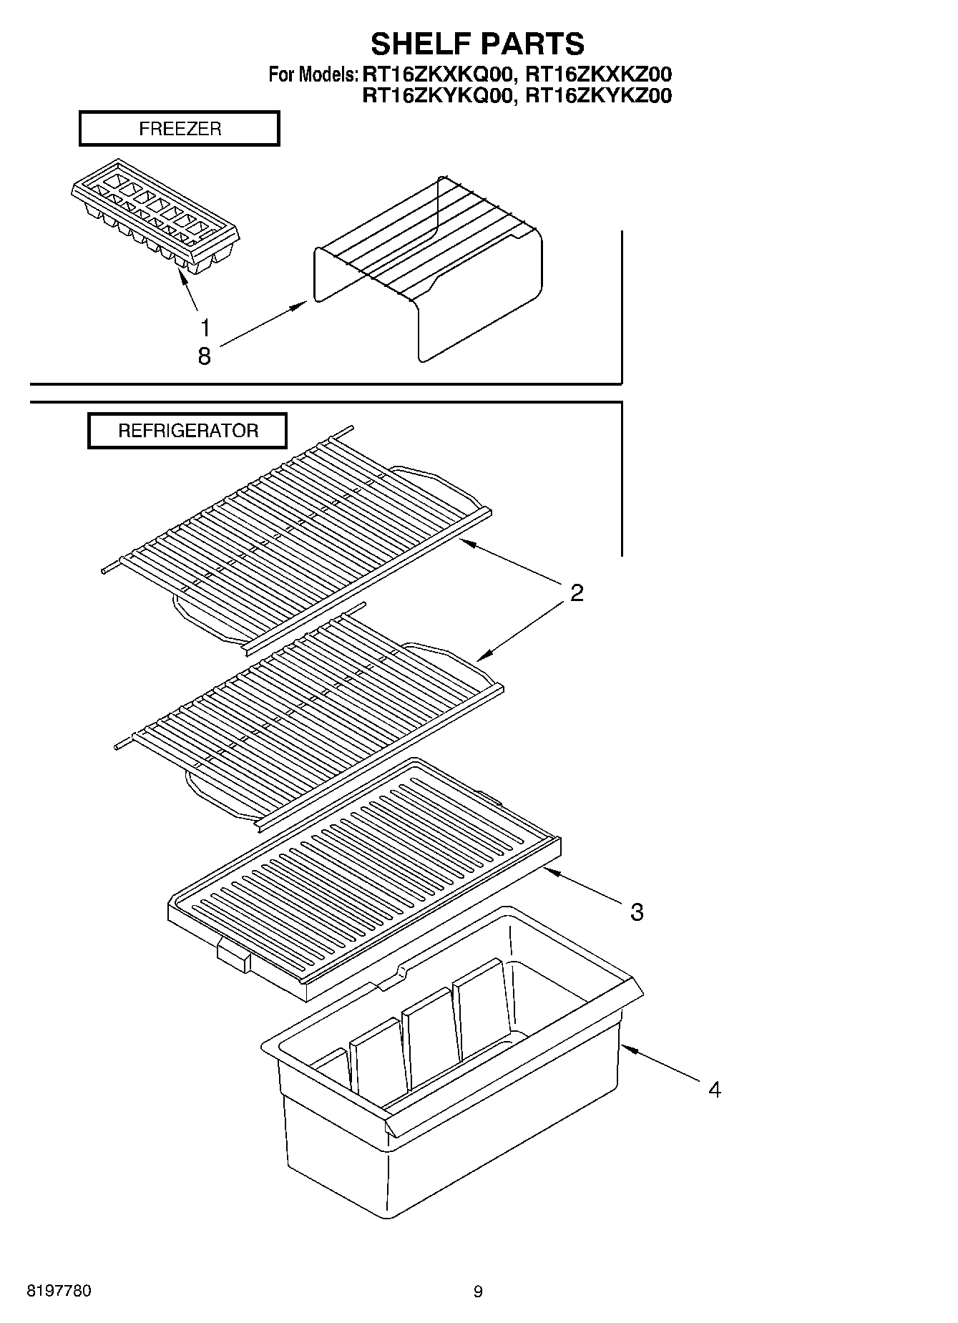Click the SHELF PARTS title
click(477, 44)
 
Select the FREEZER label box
click(179, 129)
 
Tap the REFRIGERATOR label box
click(187, 431)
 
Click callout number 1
click(205, 328)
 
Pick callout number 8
click(205, 356)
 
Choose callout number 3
click(637, 912)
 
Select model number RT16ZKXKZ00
click(599, 74)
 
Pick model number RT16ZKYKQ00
click(438, 96)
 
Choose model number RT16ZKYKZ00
click(599, 96)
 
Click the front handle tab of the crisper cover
click(233, 955)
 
